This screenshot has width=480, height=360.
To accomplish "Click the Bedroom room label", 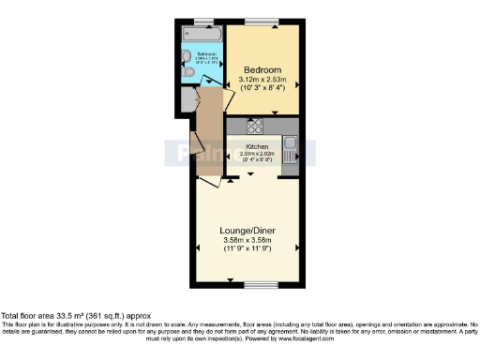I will click(x=262, y=70).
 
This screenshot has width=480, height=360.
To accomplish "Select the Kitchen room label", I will click(x=258, y=147).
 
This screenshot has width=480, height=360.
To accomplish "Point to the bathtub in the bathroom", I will click(x=202, y=34).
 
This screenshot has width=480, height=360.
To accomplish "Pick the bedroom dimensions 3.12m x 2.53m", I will click(x=262, y=80).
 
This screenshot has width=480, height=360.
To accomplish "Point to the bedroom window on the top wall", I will click(x=262, y=22).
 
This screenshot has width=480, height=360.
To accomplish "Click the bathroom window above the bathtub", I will click(x=202, y=22).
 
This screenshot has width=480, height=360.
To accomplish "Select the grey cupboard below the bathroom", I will click(x=188, y=98).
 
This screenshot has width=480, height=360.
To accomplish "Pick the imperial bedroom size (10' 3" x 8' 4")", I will click(x=262, y=88).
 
